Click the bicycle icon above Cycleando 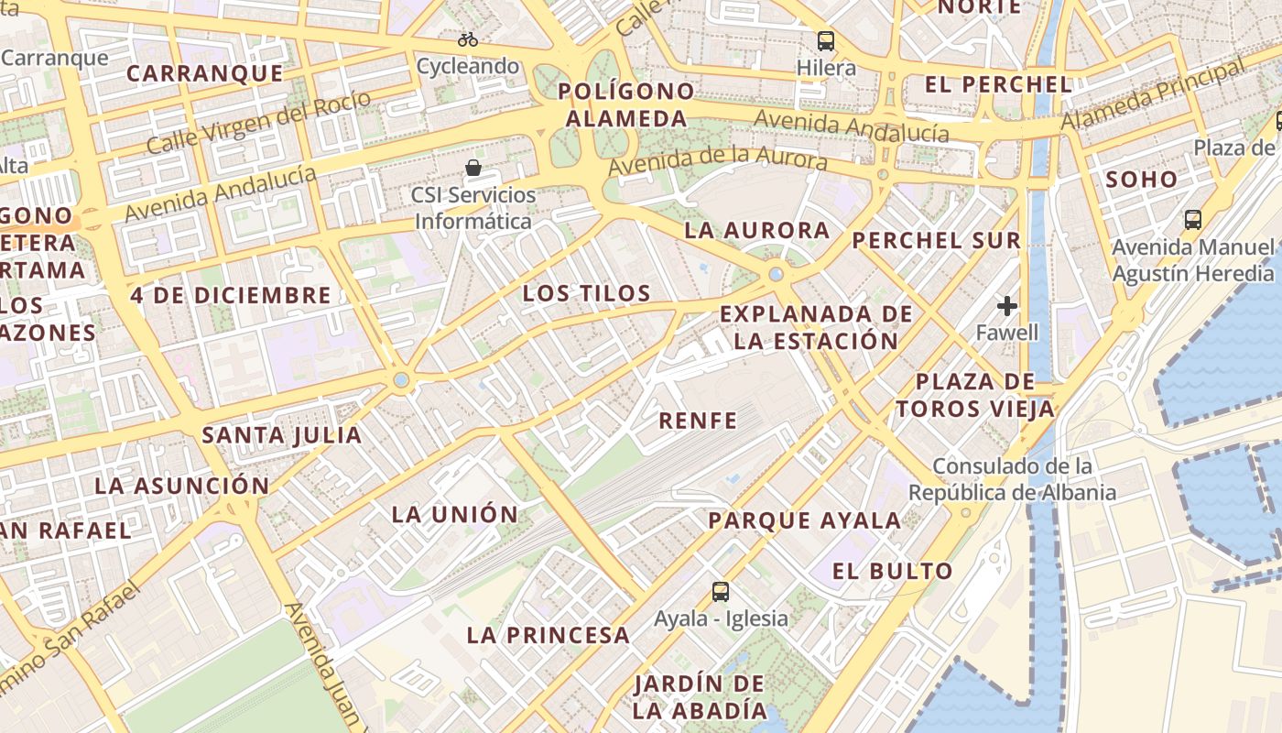468,39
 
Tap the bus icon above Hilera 826,40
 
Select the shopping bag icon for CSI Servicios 473,168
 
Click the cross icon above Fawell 1007,305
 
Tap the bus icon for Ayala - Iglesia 721,591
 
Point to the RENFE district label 698,421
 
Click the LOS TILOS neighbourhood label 586,293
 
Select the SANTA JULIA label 281,434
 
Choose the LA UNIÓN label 454,514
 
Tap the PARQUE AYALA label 805,520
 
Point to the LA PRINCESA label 549,634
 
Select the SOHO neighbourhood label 1141,179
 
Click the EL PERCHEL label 998,84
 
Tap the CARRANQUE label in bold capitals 204,73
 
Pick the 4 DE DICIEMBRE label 230,295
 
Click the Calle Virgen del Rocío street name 258,123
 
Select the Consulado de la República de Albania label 1012,479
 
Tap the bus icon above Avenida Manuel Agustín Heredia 1192,220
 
